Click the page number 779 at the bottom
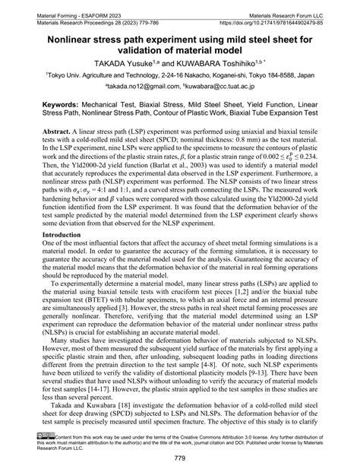(x=180, y=458)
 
